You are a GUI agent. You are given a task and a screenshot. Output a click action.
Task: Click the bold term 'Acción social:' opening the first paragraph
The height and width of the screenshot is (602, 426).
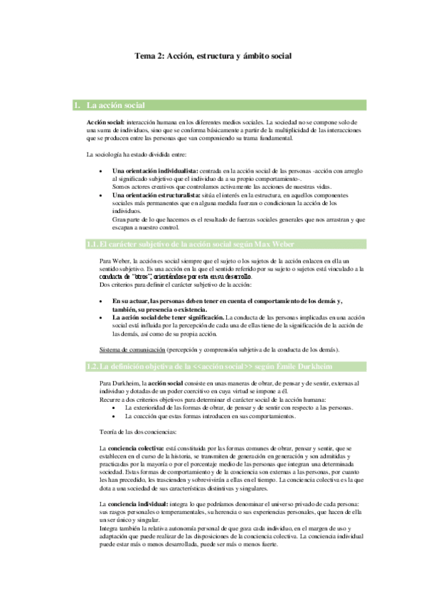click(105, 123)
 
